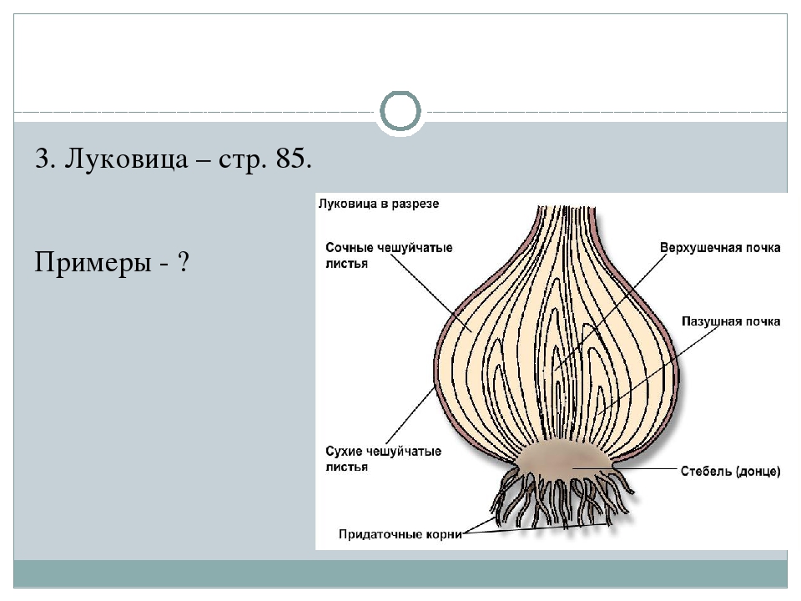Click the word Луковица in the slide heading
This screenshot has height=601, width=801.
[120, 159]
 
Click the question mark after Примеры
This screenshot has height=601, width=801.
[181, 264]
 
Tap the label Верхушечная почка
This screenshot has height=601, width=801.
[720, 248]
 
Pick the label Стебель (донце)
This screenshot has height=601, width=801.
[729, 471]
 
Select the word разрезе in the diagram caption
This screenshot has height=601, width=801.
[416, 203]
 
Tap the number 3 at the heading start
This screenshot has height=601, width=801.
[42, 159]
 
